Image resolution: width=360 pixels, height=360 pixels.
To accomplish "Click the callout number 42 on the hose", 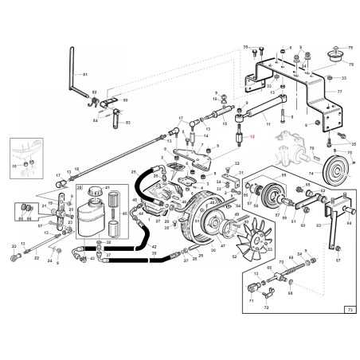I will click(x=154, y=248).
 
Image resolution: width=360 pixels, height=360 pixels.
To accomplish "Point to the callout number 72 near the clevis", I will click(x=266, y=307).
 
